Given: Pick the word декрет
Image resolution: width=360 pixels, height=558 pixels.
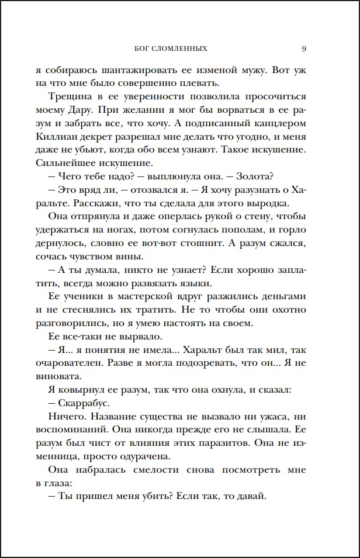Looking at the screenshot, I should coord(120,137).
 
